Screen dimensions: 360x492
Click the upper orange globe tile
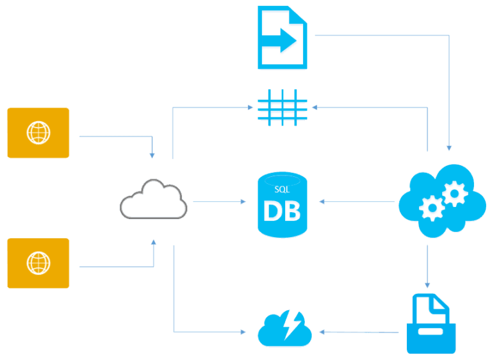click(x=38, y=133)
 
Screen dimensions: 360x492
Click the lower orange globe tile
click(x=38, y=263)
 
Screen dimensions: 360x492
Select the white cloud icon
click(x=154, y=200)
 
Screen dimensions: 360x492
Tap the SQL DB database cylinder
click(x=281, y=205)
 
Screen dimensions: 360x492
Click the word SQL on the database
click(x=281, y=190)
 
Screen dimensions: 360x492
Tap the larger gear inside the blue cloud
click(x=454, y=192)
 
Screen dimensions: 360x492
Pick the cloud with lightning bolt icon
click(x=284, y=329)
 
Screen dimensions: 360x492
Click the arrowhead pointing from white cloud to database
click(x=243, y=202)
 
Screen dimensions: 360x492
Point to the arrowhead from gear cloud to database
click(x=321, y=202)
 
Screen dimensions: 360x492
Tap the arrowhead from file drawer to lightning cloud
click(x=322, y=332)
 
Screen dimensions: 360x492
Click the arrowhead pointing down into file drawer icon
click(x=427, y=286)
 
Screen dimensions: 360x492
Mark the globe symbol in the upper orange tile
click(x=38, y=133)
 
